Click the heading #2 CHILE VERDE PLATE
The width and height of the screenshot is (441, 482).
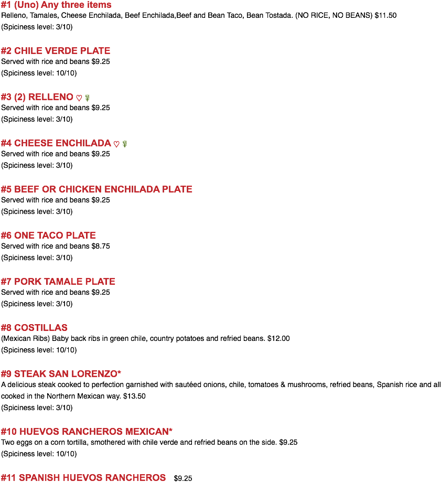(x=56, y=51)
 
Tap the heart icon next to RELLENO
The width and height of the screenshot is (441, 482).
(x=79, y=98)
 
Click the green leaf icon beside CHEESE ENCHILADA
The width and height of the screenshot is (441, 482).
(x=125, y=144)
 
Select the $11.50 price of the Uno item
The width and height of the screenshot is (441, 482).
(x=385, y=15)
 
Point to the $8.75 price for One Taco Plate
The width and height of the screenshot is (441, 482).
(x=101, y=246)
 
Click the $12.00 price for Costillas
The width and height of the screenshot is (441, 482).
(x=278, y=338)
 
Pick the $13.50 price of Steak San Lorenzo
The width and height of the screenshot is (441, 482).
(x=134, y=396)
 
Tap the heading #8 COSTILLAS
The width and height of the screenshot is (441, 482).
(x=34, y=328)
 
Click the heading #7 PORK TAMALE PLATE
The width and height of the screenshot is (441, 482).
(x=58, y=282)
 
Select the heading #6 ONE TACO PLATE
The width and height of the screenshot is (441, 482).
(x=48, y=235)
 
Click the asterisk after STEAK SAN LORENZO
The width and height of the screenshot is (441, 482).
(x=119, y=372)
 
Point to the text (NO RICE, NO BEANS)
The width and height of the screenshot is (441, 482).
(x=334, y=15)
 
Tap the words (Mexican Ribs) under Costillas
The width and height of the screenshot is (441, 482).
(x=26, y=338)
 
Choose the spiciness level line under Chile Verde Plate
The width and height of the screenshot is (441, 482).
(x=39, y=73)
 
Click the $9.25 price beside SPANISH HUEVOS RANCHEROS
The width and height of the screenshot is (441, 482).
(x=183, y=478)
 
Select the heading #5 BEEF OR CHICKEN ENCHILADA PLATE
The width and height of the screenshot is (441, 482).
(x=96, y=189)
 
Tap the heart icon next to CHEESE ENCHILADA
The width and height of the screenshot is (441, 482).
(x=116, y=144)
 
